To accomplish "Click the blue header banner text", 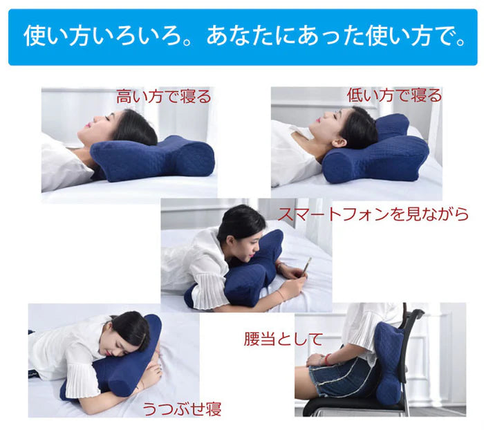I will (242, 36).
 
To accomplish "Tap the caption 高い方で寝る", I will (163, 96).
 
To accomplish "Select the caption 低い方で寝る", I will (394, 95).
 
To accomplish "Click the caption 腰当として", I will (283, 339).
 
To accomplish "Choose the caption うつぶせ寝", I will (183, 407).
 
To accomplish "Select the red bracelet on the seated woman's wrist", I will (326, 358).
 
